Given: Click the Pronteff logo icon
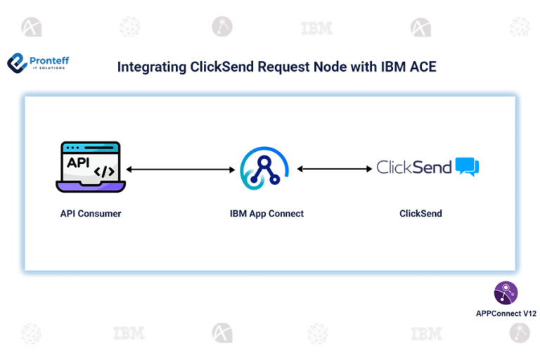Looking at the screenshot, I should click(x=18, y=63).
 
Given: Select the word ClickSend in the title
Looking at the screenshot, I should click(x=221, y=67).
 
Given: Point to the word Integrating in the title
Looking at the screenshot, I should click(x=152, y=67).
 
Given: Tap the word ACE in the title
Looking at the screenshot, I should click(x=422, y=67).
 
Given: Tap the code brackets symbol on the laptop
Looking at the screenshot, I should click(x=104, y=170).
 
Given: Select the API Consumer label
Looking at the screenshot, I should click(x=91, y=213).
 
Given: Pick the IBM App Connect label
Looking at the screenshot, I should click(x=266, y=213).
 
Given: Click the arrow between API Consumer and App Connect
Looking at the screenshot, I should click(x=180, y=169).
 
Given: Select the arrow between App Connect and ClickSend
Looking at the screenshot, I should click(x=335, y=169).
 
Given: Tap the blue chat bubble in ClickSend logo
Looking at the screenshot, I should click(x=467, y=167).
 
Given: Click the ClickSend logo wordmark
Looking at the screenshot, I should click(x=414, y=167).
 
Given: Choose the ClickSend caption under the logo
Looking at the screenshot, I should click(x=420, y=213).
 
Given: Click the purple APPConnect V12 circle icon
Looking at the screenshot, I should click(x=506, y=292).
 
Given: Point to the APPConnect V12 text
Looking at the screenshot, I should click(x=506, y=314).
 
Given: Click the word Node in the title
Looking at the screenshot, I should click(x=323, y=67).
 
